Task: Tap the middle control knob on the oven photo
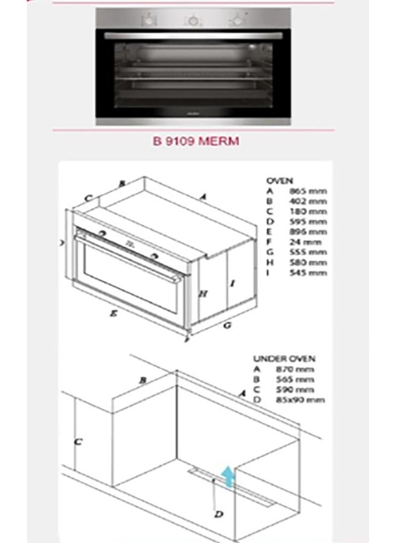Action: pyautogui.click(x=191, y=21)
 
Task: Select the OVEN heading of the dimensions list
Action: pyautogui.click(x=279, y=180)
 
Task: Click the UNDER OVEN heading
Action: pyautogui.click(x=284, y=359)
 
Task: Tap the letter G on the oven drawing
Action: pyautogui.click(x=227, y=325)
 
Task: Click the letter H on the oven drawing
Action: pyautogui.click(x=203, y=294)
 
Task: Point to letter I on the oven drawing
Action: pyautogui.click(x=232, y=282)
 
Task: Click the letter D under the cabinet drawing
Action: pyautogui.click(x=220, y=514)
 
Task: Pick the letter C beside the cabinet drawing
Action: pyautogui.click(x=77, y=441)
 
